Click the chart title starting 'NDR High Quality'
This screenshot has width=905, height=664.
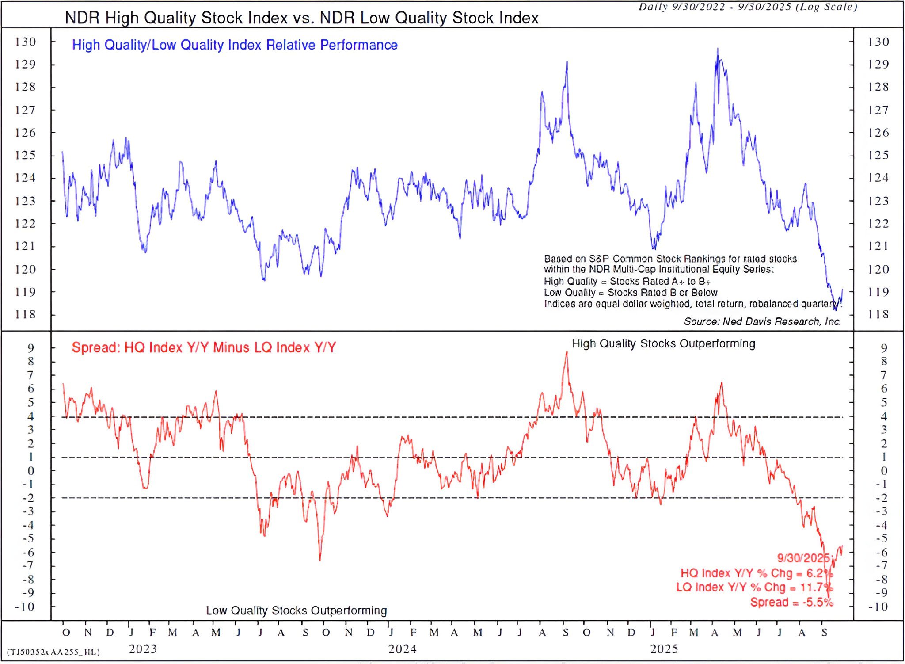[301, 18]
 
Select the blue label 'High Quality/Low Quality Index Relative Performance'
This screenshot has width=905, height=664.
[235, 45]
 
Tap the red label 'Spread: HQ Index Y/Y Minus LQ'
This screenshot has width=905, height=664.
[204, 347]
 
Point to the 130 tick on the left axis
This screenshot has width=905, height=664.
[25, 42]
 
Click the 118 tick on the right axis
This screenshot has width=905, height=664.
[878, 314]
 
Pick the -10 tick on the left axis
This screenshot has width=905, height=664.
[24, 607]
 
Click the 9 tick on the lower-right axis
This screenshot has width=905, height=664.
[883, 348]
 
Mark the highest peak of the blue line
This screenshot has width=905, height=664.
[717, 49]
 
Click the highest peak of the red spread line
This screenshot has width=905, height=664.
[567, 352]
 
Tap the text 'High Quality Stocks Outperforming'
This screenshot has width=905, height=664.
[663, 343]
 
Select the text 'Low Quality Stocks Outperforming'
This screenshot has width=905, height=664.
[296, 611]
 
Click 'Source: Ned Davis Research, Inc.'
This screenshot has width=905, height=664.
[762, 321]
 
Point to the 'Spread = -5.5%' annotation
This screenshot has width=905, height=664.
[791, 602]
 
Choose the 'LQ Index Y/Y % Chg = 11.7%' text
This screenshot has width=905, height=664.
[754, 587]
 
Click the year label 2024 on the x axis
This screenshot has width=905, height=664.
[402, 649]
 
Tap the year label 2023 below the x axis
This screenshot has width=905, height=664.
[143, 649]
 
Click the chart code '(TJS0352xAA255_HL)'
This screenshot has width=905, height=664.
[53, 652]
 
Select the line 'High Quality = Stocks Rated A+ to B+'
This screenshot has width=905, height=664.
[627, 281]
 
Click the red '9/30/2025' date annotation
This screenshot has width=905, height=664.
[803, 557]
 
